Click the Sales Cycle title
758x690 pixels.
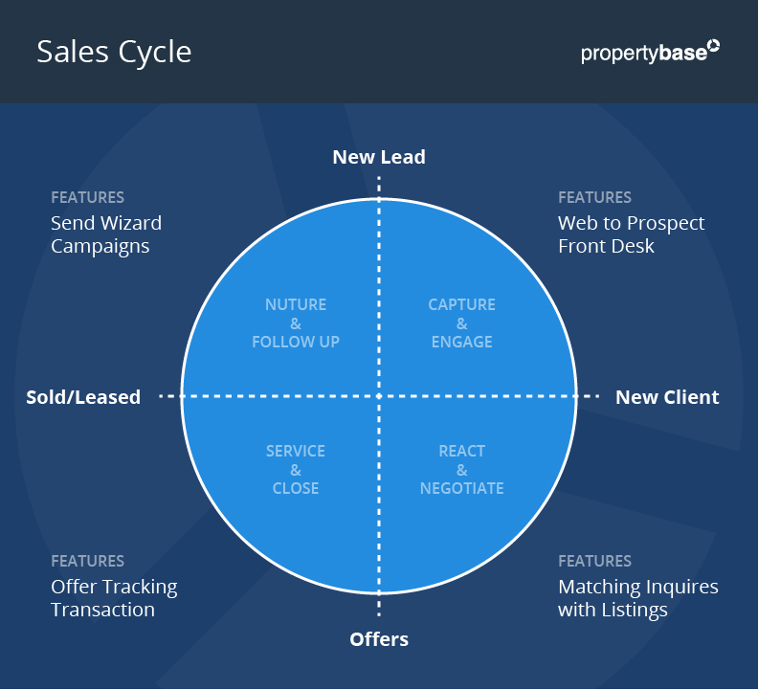[114, 52]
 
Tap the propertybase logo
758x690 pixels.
[650, 52]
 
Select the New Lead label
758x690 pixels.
[379, 157]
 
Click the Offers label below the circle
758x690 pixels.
[379, 639]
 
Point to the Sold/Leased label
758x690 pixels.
[83, 397]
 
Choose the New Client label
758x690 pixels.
[667, 397]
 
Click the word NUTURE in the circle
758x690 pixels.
[296, 304]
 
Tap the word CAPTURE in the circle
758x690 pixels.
[461, 304]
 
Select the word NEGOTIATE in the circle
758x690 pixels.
[461, 488]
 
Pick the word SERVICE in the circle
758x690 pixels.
[296, 451]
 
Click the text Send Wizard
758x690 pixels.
[106, 223]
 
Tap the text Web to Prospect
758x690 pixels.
[631, 223]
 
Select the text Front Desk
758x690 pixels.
[606, 246]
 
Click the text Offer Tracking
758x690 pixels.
[114, 587]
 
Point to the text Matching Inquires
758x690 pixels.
[637, 587]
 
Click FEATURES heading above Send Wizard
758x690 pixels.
[87, 197]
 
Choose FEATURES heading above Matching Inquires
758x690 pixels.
[594, 561]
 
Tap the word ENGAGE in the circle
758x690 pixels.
[461, 342]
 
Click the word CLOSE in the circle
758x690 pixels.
[296, 488]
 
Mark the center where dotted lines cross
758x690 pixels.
[379, 396]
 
